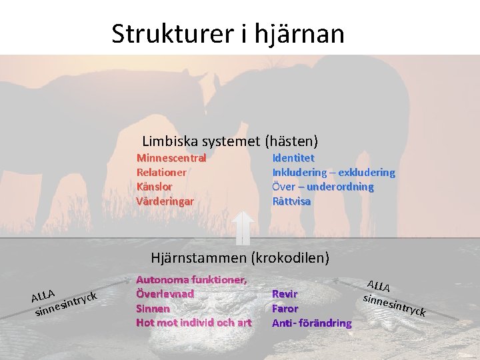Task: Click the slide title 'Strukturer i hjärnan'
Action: [228, 33]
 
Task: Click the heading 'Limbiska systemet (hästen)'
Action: [230, 141]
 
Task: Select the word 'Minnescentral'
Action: [171, 158]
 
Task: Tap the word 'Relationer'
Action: [161, 172]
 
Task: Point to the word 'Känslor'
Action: [154, 187]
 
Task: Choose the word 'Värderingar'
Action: [165, 201]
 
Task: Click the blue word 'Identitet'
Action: [293, 158]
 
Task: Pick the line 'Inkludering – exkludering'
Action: [333, 172]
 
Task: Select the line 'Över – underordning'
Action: [323, 187]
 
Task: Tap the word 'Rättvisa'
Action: [291, 201]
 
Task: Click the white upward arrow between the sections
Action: [243, 227]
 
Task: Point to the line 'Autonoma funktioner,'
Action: [191, 279]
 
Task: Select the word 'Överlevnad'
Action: [165, 293]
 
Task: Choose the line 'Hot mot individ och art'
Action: [193, 323]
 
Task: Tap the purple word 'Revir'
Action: [285, 293]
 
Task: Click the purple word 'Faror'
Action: [285, 308]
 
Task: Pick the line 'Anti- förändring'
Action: [311, 323]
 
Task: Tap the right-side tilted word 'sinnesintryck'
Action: [393, 305]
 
